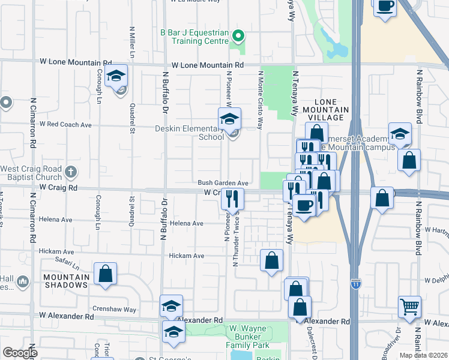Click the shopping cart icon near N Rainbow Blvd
coord(409,307)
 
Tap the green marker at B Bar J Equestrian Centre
coord(238,35)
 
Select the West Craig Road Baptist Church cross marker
coord(70,172)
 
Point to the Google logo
coord(19,353)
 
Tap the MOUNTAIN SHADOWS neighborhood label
coord(66,281)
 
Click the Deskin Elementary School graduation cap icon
coord(229,119)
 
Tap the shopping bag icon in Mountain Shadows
coord(106,274)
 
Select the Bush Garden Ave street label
coord(223,183)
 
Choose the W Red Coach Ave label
coord(65,125)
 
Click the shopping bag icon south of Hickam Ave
coord(271,260)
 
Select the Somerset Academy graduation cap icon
coord(400,134)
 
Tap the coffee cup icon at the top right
coord(385,6)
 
